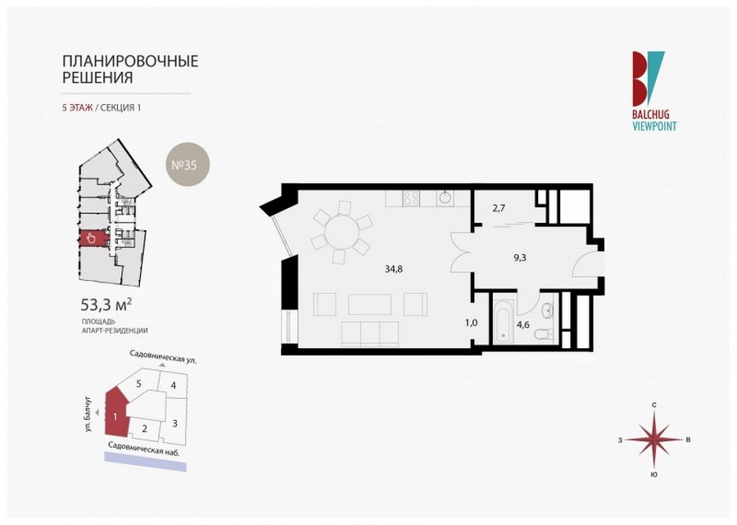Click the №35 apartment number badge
pos(188,165)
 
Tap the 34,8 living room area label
pos(393,269)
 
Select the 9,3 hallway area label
pos(519,257)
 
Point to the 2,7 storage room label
pos(499,208)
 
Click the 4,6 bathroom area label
pos(522,324)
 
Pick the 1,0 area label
pos(472,323)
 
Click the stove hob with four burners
pos(411,198)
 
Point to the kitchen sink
pos(444,198)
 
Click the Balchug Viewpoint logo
pos(654,91)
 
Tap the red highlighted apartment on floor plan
pos(93,238)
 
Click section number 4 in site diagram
pos(174,386)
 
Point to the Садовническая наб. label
pos(144,448)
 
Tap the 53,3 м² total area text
pos(106,305)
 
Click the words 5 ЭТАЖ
pos(78,107)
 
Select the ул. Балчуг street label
pos(88,414)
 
